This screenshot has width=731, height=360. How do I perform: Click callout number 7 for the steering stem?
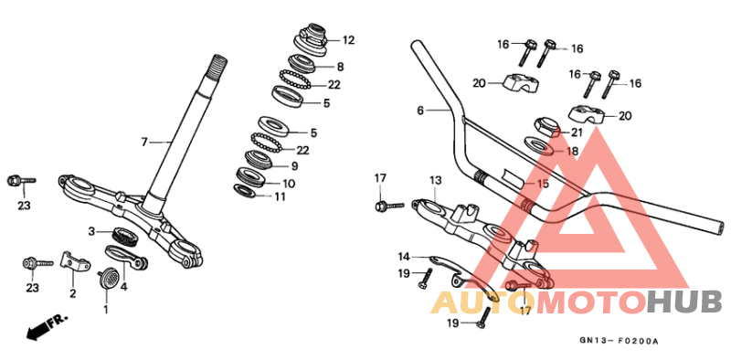[x=143, y=142]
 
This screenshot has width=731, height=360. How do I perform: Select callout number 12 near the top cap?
[x=348, y=40]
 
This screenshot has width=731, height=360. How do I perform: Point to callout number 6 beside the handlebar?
[x=419, y=111]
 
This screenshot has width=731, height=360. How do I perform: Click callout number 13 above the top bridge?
[x=435, y=180]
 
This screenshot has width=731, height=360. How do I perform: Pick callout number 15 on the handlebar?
[x=543, y=184]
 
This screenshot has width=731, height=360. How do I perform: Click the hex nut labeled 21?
[x=539, y=125]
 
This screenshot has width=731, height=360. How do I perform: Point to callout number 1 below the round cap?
[x=105, y=309]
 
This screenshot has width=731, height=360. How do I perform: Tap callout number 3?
[x=91, y=231]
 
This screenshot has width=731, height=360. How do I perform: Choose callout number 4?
[x=125, y=287]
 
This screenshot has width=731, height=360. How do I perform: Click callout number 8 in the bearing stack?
[x=340, y=67]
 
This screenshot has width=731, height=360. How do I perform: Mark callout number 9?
[x=294, y=166]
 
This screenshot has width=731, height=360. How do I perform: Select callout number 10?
[x=289, y=183]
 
